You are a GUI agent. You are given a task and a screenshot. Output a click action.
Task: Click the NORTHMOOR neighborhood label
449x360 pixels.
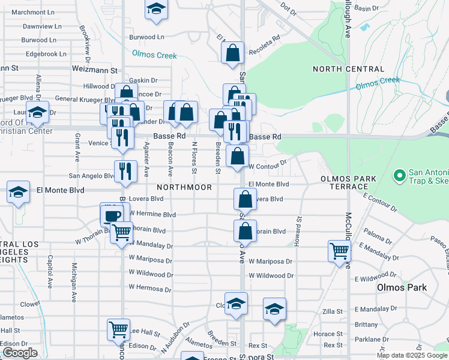185,187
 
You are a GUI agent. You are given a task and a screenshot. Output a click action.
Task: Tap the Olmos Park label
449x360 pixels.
402,287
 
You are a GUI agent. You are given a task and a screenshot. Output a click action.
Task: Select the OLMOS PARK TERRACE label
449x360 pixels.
348,182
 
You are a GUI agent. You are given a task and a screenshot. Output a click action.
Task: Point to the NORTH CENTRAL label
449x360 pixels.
348,70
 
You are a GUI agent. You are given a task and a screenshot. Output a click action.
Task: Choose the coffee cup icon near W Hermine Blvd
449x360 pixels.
112,214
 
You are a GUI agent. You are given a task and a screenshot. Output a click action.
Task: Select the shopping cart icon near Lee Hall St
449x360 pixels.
118,329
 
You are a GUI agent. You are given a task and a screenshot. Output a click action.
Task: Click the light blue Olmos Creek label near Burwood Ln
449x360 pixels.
155,55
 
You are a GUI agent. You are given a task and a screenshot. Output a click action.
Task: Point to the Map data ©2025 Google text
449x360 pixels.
412,355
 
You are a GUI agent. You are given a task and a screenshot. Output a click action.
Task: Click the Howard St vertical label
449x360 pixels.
298,227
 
